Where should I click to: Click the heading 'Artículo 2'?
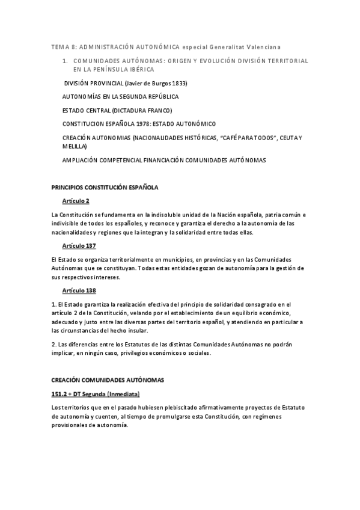(75, 201)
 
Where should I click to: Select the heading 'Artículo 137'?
(79, 246)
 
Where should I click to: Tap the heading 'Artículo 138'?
(79, 290)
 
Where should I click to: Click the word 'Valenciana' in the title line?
(263, 46)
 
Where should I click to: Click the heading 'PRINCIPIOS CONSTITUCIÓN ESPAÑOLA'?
(105, 188)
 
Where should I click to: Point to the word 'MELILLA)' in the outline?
(75, 146)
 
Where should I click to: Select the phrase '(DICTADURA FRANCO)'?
(139, 111)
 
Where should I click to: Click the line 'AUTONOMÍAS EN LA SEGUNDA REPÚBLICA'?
(120, 97)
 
